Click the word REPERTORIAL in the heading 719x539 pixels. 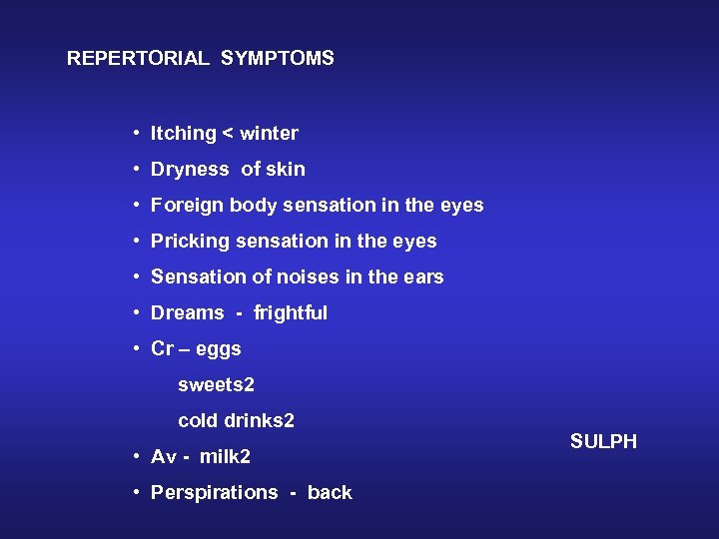tap(138, 59)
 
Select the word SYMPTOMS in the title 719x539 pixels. tap(278, 59)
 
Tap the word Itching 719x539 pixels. tap(184, 134)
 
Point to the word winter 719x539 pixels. tap(270, 134)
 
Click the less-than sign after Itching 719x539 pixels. tap(229, 134)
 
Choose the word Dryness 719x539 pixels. tap(190, 170)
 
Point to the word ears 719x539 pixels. tap(423, 277)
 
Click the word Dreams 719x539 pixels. tap(188, 313)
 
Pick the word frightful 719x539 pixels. tap(291, 313)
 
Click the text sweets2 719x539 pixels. tap(216, 385)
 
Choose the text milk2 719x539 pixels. tap(225, 457)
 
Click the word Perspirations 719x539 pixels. tap(214, 493)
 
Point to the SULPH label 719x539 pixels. tap(603, 442)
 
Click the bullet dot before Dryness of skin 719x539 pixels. tap(134, 170)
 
